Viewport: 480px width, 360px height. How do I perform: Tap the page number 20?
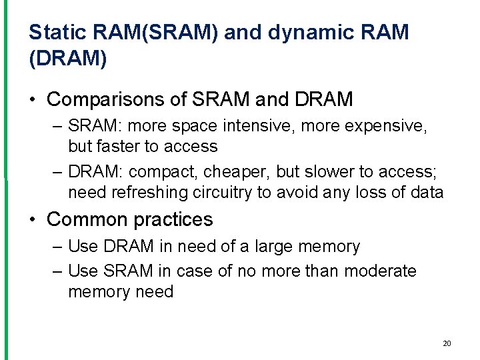447,343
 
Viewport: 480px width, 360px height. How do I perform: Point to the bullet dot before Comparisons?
33,101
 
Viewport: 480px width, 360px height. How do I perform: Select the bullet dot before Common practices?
33,220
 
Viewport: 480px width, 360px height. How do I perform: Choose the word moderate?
377,271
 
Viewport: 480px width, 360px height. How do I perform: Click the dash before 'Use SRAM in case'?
57,271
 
